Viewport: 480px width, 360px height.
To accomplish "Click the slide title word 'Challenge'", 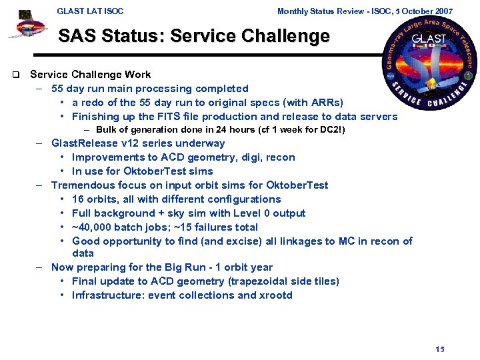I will click(288, 37).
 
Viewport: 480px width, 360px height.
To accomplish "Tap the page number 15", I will click(439, 349).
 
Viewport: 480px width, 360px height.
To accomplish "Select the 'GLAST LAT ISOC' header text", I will click(90, 11).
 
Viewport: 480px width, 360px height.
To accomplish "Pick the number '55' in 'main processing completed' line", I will click(57, 89).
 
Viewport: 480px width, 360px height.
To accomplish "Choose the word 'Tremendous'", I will click(81, 185).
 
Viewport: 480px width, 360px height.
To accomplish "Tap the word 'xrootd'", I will click(276, 295).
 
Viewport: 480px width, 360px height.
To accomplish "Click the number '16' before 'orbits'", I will click(78, 199).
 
